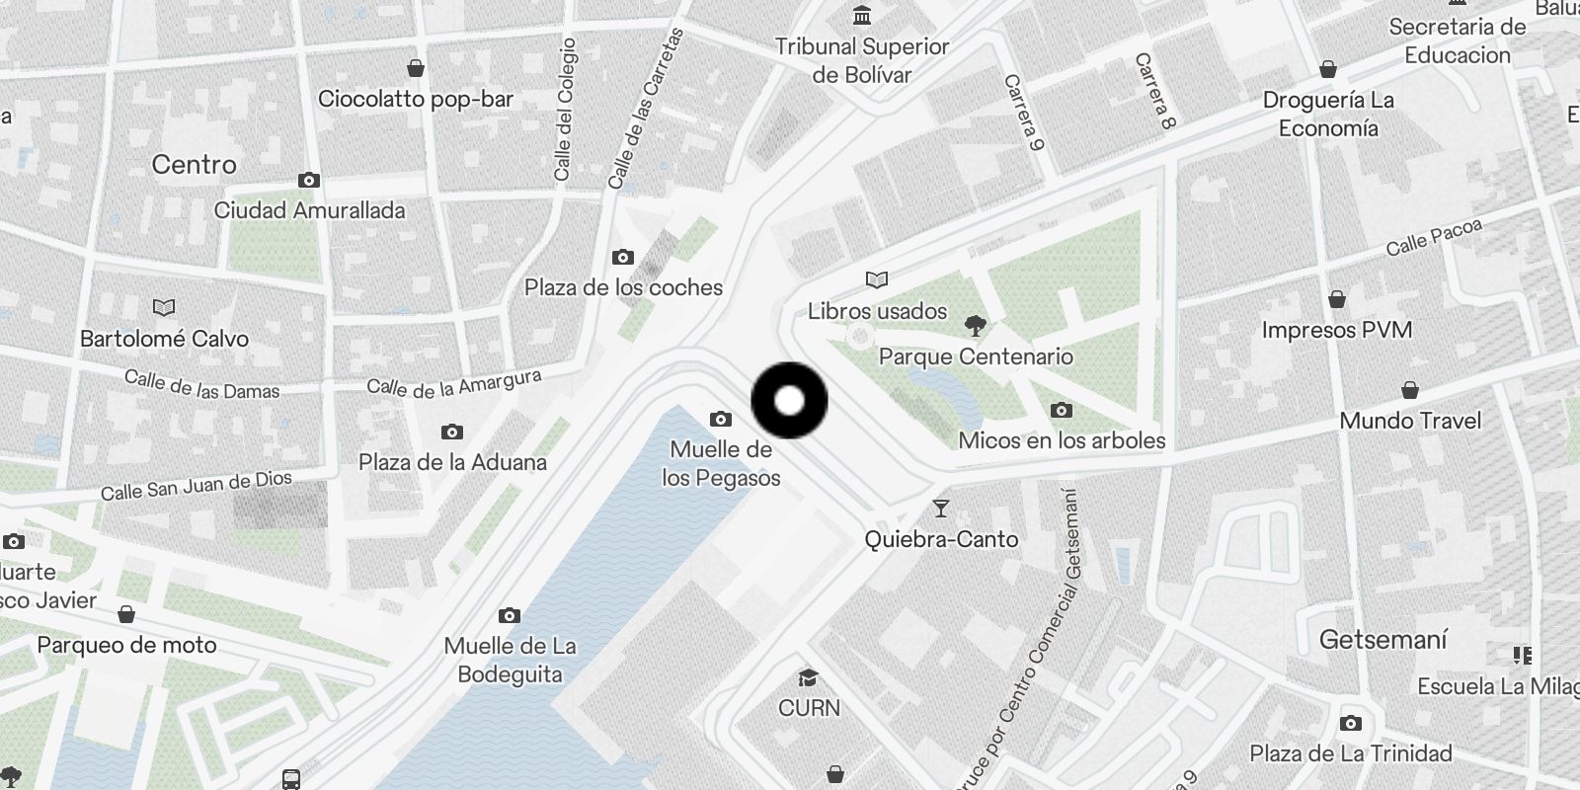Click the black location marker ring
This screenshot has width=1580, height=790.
click(789, 400)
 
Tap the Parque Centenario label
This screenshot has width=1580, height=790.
click(976, 356)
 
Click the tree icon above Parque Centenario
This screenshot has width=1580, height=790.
click(975, 325)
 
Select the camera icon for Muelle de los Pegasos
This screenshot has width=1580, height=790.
click(721, 419)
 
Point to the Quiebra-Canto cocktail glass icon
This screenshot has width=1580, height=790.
click(940, 509)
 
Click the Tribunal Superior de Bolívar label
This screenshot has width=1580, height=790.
click(861, 60)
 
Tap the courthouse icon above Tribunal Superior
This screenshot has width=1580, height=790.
click(862, 16)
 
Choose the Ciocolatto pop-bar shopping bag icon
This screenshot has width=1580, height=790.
click(416, 68)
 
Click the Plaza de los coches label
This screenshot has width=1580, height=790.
click(623, 287)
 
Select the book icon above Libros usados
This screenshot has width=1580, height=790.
click(877, 280)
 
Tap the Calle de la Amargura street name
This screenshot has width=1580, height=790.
click(454, 383)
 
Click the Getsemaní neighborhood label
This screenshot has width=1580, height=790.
click(1382, 640)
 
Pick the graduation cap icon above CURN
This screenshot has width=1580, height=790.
click(809, 677)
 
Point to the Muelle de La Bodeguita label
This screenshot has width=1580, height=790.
click(510, 660)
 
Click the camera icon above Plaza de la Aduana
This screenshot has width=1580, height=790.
click(452, 432)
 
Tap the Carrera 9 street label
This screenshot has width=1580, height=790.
click(1024, 113)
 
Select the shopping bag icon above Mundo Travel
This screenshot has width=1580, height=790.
click(1410, 390)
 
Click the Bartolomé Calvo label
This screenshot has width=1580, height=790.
click(164, 339)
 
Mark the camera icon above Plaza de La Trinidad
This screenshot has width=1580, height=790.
click(1351, 723)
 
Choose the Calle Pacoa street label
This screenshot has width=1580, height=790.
click(1434, 237)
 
